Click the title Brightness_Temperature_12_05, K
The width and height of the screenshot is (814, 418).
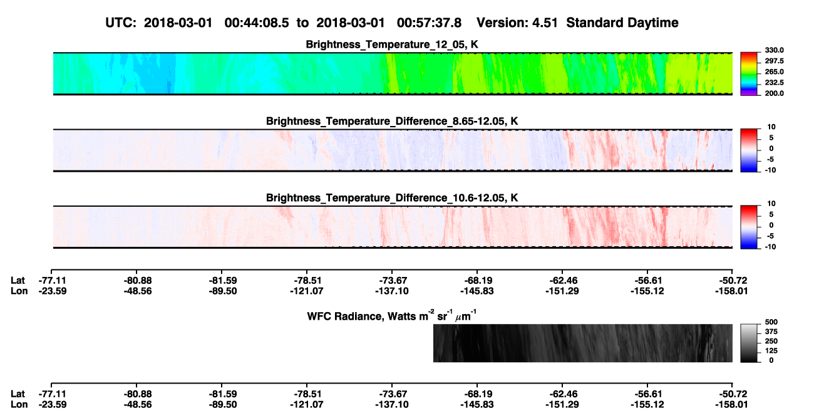point(392,44)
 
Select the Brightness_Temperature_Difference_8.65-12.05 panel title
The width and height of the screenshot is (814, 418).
point(392,121)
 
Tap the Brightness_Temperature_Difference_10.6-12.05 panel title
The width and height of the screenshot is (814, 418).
point(392,198)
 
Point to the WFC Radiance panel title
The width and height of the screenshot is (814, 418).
point(392,315)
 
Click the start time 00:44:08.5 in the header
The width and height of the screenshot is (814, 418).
point(257,23)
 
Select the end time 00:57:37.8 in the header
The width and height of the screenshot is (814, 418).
point(429,23)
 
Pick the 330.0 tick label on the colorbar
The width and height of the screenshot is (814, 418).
point(774,50)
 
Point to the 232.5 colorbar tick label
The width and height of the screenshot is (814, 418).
point(774,83)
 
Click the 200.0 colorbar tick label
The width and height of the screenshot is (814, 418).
point(774,93)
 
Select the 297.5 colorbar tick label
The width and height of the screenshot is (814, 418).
point(774,61)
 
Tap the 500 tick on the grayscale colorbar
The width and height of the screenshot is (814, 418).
point(771,322)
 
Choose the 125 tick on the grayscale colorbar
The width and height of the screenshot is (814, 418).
point(771,351)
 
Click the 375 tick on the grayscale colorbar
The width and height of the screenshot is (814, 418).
point(771,332)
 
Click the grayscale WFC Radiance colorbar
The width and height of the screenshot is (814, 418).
point(749,343)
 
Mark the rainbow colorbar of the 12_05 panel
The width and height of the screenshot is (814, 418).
point(749,74)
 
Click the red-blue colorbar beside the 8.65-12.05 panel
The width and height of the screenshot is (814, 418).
point(749,150)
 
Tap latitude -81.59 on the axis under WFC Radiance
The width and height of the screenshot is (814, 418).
point(222,394)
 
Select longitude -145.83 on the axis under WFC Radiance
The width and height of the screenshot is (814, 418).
point(477,405)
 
